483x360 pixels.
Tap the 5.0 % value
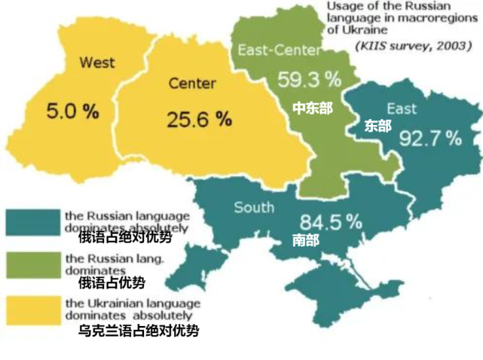(x=72, y=111)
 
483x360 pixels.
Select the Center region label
(x=192, y=82)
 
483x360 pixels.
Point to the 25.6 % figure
(x=199, y=118)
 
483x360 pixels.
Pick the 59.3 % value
(x=309, y=78)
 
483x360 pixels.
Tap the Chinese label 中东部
(x=312, y=109)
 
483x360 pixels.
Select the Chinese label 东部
(x=378, y=126)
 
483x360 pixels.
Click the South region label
(x=254, y=207)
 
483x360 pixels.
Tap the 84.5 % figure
(x=331, y=222)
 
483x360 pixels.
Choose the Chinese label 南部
(x=305, y=240)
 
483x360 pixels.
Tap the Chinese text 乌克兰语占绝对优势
(x=139, y=331)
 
